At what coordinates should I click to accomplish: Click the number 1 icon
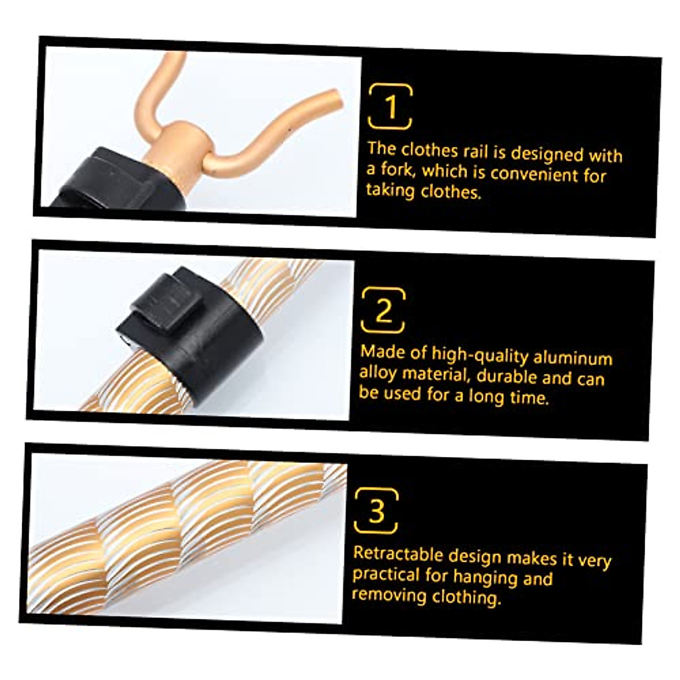point(390,107)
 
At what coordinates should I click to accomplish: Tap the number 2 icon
point(384,311)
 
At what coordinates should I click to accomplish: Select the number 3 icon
point(376,511)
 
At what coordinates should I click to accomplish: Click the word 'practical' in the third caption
point(386,575)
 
